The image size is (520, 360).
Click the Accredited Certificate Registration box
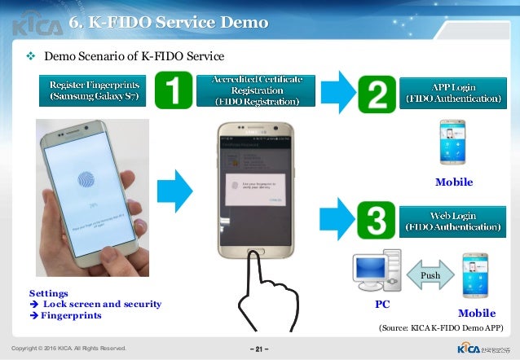[258, 90]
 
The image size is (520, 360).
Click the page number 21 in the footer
[260, 349]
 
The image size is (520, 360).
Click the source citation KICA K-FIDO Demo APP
[441, 327]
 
